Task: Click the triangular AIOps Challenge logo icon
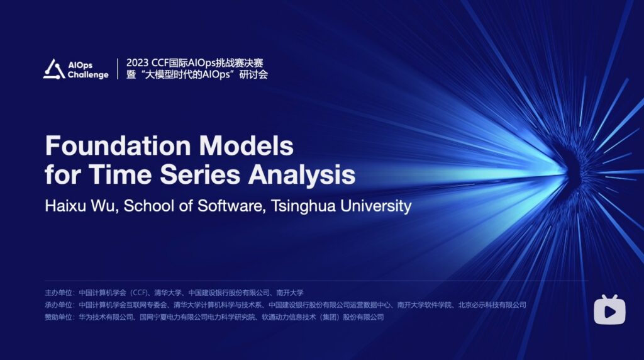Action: point(54,69)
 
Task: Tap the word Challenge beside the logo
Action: point(88,75)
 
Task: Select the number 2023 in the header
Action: point(137,63)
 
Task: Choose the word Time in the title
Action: point(120,174)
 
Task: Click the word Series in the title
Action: point(199,174)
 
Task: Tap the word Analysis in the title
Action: point(301,175)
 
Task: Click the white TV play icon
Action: point(609,310)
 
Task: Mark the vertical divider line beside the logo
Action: point(118,69)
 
